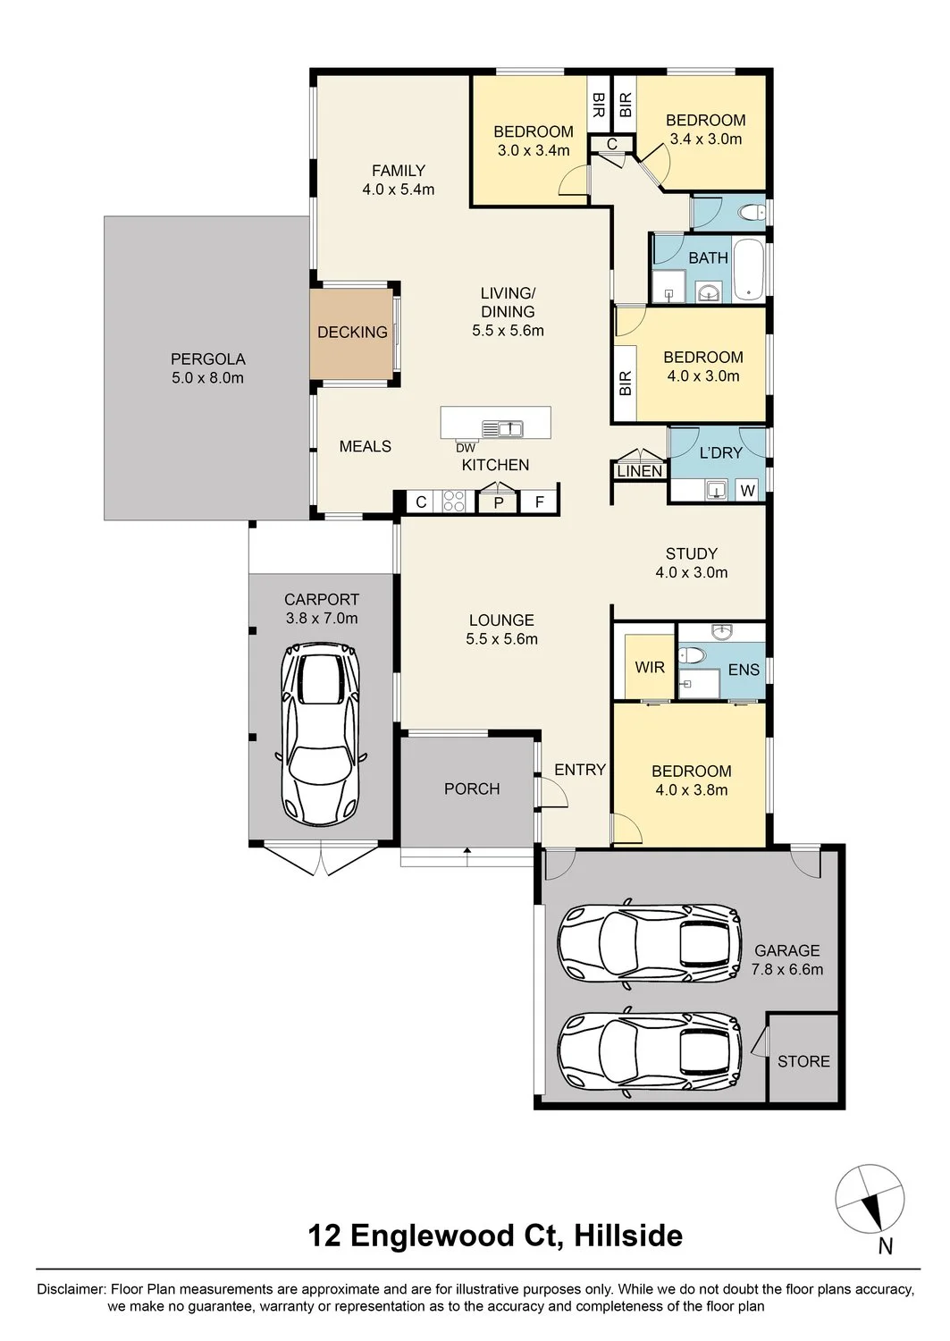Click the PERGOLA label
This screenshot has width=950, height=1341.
(x=207, y=358)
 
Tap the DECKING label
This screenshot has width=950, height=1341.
(x=352, y=332)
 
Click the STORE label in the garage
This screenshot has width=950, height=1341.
(x=803, y=1061)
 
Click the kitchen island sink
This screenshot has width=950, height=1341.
(x=503, y=428)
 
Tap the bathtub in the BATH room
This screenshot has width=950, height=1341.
(x=748, y=271)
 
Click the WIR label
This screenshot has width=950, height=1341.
(x=650, y=667)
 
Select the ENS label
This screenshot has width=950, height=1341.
(x=744, y=670)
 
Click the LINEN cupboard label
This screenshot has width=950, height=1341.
(x=640, y=471)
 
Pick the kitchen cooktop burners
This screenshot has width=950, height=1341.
(x=454, y=501)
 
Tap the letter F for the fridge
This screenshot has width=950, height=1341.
(x=540, y=502)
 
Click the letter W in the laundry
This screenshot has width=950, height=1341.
(x=747, y=491)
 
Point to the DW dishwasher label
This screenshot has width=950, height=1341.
(x=465, y=448)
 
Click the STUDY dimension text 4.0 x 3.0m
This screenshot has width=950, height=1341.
(x=692, y=572)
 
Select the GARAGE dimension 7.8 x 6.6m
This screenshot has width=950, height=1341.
(x=787, y=968)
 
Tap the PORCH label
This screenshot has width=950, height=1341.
(x=472, y=789)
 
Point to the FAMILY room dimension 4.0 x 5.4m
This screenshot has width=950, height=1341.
(x=398, y=190)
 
